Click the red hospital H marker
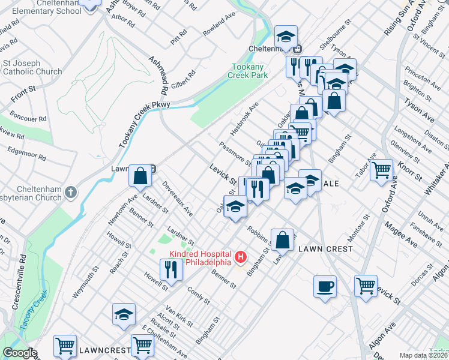click(241, 257)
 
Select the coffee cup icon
click(325, 286)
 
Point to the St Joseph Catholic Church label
click(32, 67)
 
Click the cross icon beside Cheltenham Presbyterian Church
click(71, 193)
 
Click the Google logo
click(20, 352)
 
